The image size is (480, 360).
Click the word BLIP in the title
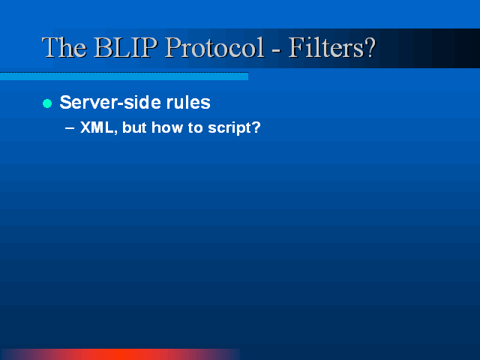point(126,47)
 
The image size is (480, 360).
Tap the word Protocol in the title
point(214,47)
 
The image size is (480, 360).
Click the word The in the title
point(64,47)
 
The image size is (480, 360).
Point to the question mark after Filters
point(370,47)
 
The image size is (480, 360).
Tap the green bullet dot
point(47,103)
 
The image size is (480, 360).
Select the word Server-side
point(110,102)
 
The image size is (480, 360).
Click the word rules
point(188,102)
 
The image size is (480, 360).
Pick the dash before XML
point(70,128)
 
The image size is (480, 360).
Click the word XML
point(97,127)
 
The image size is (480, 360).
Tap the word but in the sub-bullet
point(134,127)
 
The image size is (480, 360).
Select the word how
point(167,127)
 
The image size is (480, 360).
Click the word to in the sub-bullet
point(195,127)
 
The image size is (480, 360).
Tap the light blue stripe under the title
point(124,76)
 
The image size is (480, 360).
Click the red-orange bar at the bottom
point(121,354)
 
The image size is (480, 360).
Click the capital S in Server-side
point(65,102)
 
